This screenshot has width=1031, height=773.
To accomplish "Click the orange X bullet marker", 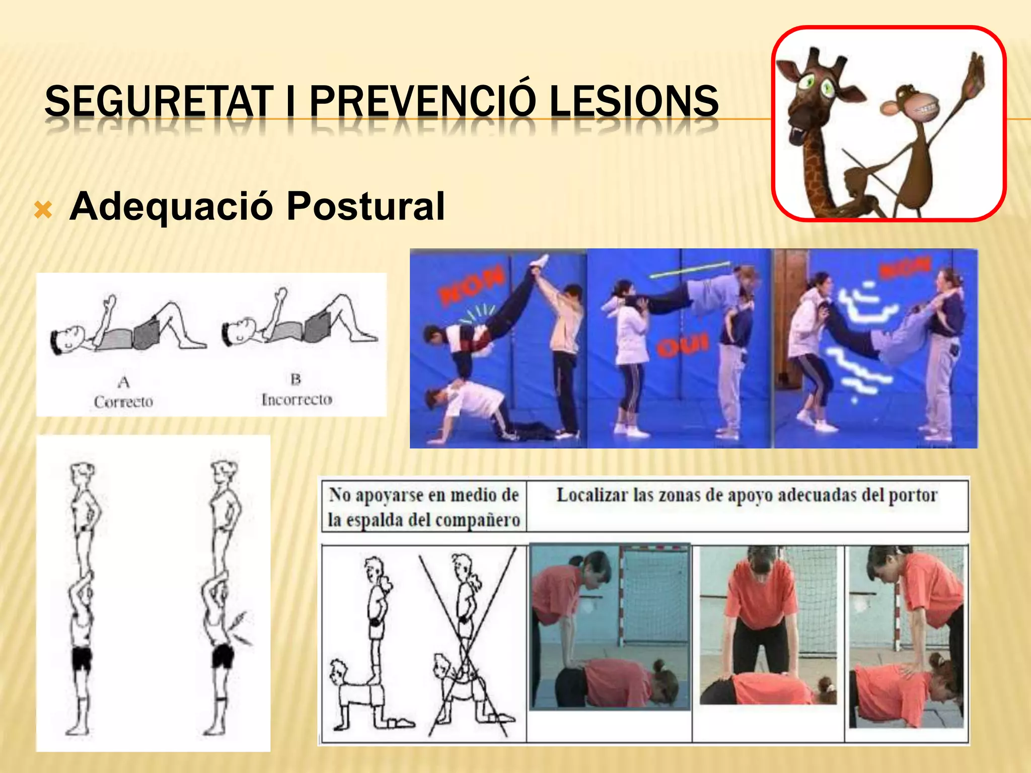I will pos(43,209).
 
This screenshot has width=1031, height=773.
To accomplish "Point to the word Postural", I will pos(365,206).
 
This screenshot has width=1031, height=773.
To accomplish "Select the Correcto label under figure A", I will pos(123,402).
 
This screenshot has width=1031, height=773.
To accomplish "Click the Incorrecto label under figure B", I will pos(297,400).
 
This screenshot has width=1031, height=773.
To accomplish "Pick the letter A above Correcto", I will pos(123,382).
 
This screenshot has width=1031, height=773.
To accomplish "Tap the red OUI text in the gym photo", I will pos(682,346).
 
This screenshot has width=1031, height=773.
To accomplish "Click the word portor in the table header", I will pos(912,495).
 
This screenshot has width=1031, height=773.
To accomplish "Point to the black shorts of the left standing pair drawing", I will pos(82,658).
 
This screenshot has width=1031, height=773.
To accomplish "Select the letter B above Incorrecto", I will pos(296,379).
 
